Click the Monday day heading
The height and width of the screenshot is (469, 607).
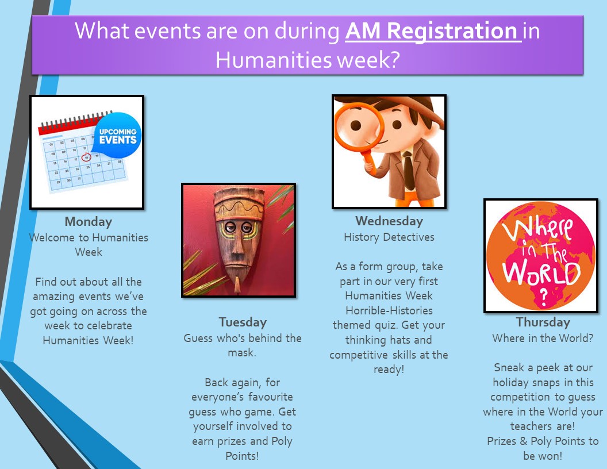pos(89,222)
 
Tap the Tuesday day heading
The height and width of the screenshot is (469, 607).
pos(243,322)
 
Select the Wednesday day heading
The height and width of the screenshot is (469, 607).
pos(389,221)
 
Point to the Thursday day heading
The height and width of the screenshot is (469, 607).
pos(543,322)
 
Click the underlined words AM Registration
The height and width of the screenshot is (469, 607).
pos(432,31)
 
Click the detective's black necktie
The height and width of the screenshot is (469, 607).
pos(408,171)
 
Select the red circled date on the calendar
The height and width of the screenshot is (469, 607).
pos(86,157)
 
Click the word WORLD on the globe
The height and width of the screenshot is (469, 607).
pos(541,273)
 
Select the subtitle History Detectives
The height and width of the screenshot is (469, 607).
pos(389,237)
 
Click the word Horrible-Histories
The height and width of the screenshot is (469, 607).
pos(389,310)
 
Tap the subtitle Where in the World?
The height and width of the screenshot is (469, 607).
pos(543,338)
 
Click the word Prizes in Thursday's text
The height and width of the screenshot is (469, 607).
pos(501,441)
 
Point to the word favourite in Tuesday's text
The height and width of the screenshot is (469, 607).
pos(270,397)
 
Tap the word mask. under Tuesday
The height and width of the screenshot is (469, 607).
pos(242,353)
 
